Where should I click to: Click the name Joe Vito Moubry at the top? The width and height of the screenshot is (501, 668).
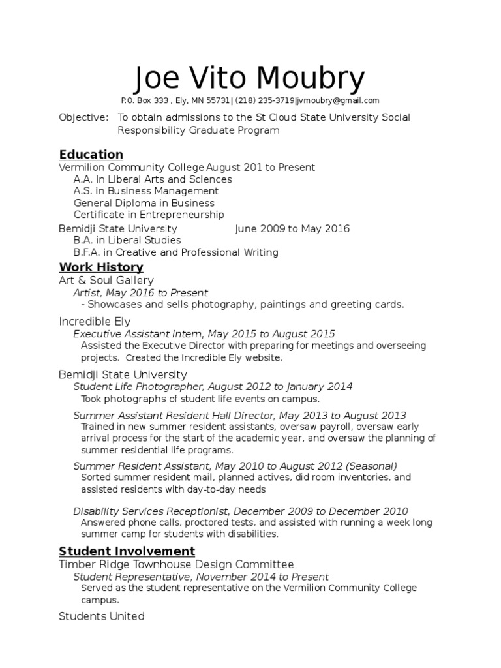[x=250, y=79]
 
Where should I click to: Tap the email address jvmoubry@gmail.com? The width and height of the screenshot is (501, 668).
[x=337, y=100]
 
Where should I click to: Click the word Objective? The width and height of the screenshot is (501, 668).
[x=83, y=117]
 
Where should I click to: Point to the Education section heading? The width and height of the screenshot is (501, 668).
[x=91, y=155]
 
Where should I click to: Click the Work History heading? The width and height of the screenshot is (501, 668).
[x=100, y=267]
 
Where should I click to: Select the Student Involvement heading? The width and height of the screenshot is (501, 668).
[x=127, y=551]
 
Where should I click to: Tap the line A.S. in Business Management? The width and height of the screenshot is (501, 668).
[x=146, y=191]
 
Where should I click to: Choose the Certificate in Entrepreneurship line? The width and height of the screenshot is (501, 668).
[x=149, y=215]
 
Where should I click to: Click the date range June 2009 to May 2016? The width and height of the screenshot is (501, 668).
[x=292, y=228]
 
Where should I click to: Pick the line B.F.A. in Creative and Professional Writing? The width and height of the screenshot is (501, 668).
[x=175, y=252]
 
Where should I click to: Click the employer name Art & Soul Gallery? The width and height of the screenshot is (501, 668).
[x=106, y=280]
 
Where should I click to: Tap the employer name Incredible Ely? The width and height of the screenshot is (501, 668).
[x=95, y=322]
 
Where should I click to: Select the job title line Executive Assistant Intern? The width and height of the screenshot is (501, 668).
[x=204, y=334]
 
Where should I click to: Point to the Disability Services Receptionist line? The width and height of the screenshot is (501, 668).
[x=240, y=511]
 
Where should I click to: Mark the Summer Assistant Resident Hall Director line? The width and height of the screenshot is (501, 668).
[x=239, y=416]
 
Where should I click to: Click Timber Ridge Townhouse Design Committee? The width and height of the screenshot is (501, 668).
[x=176, y=564]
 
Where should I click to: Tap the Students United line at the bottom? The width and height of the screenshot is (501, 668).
[x=101, y=616]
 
